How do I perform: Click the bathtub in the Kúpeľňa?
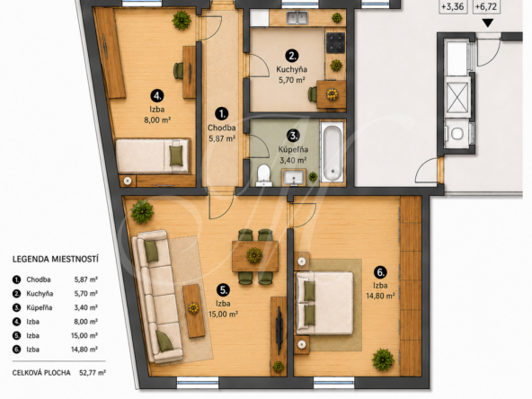(x=332, y=153)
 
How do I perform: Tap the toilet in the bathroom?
(x=263, y=175)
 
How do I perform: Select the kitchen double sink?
(x=297, y=17)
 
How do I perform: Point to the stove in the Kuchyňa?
(x=335, y=42)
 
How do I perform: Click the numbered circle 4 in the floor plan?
(x=157, y=96)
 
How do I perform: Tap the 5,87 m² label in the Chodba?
(x=222, y=138)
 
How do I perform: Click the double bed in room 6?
(x=324, y=303)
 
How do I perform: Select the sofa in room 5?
(x=156, y=297)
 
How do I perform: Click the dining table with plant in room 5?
(x=255, y=256)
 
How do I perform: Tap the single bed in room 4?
(x=152, y=156)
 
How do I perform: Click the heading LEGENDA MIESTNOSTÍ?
(x=56, y=260)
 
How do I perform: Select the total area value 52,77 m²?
(x=93, y=373)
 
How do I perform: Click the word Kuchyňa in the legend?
(x=40, y=294)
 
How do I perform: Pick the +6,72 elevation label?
(x=486, y=6)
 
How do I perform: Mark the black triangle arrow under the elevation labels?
(x=488, y=23)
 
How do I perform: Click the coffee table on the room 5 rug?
(x=194, y=311)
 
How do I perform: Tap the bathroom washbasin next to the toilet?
(x=294, y=177)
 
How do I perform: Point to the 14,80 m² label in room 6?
(x=380, y=296)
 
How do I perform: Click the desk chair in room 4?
(x=179, y=71)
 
